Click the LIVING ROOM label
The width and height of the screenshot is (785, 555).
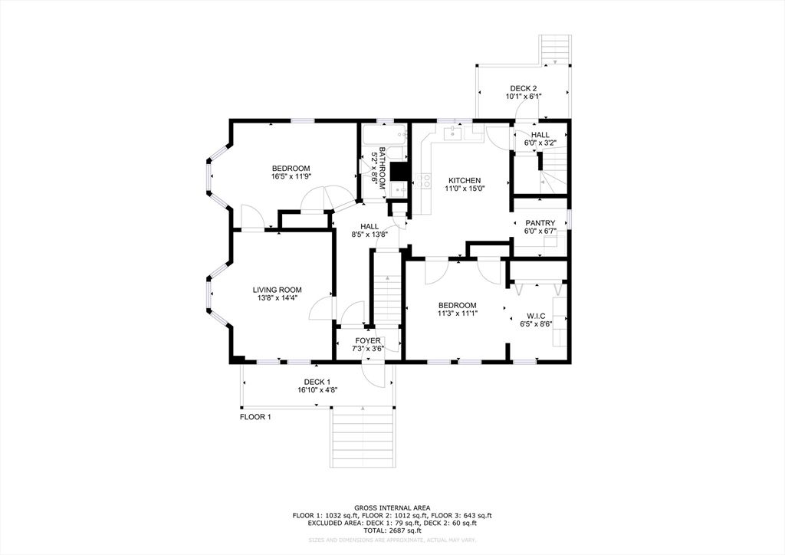point(278,290)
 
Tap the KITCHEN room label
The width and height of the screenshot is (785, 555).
point(464,180)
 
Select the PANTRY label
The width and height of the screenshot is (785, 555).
point(540,223)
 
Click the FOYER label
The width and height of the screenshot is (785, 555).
point(368,340)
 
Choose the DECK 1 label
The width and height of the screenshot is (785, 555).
point(317,382)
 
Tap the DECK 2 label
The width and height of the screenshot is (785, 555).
point(523,88)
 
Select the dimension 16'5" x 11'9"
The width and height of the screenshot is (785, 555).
point(291,177)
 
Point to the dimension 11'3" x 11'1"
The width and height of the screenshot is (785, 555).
point(457,314)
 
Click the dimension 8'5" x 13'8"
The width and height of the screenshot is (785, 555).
point(370,235)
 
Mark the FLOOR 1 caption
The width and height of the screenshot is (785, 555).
point(255,417)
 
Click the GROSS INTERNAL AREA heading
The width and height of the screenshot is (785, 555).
point(392,507)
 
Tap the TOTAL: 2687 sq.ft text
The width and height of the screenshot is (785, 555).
point(392,530)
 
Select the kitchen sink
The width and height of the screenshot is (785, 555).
point(454,135)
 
